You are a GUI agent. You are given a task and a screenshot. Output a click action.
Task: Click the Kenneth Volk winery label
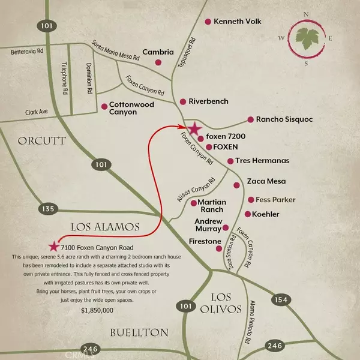[x=239, y=22]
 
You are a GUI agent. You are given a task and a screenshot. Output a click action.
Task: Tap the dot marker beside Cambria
[x=158, y=62]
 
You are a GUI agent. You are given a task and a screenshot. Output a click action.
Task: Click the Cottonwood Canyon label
[x=131, y=108]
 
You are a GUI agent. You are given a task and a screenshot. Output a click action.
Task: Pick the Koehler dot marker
[x=247, y=214]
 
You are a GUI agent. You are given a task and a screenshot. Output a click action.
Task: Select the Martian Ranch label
[x=211, y=206]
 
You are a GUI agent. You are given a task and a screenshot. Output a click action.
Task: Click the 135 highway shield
[x=50, y=209]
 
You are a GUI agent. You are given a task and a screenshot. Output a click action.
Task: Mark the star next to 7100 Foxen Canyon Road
[x=55, y=247]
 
